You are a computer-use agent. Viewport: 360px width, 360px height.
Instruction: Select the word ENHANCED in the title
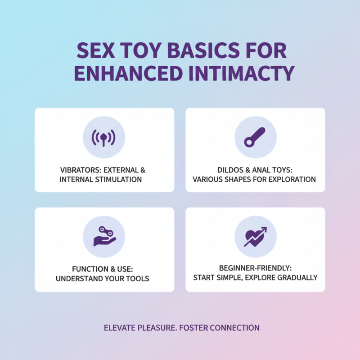point(127,73)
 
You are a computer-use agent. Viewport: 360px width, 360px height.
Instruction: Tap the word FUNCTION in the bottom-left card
point(83,270)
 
